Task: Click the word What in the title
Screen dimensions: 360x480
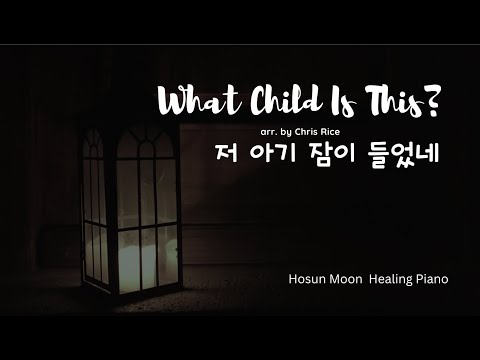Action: pos(197,102)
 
